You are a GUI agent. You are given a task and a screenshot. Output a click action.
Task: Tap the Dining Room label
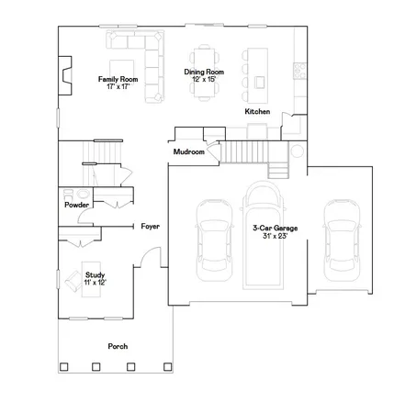coord(203,72)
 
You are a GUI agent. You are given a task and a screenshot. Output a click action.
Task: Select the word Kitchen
coord(257,112)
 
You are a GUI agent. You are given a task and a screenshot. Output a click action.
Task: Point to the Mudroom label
coord(188,152)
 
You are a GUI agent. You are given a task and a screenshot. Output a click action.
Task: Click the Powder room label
coord(76,205)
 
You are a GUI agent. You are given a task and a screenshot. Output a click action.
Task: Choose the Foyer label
coord(151,226)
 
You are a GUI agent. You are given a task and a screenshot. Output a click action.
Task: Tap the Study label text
coord(95,274)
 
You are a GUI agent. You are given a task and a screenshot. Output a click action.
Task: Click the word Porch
coord(117,346)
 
